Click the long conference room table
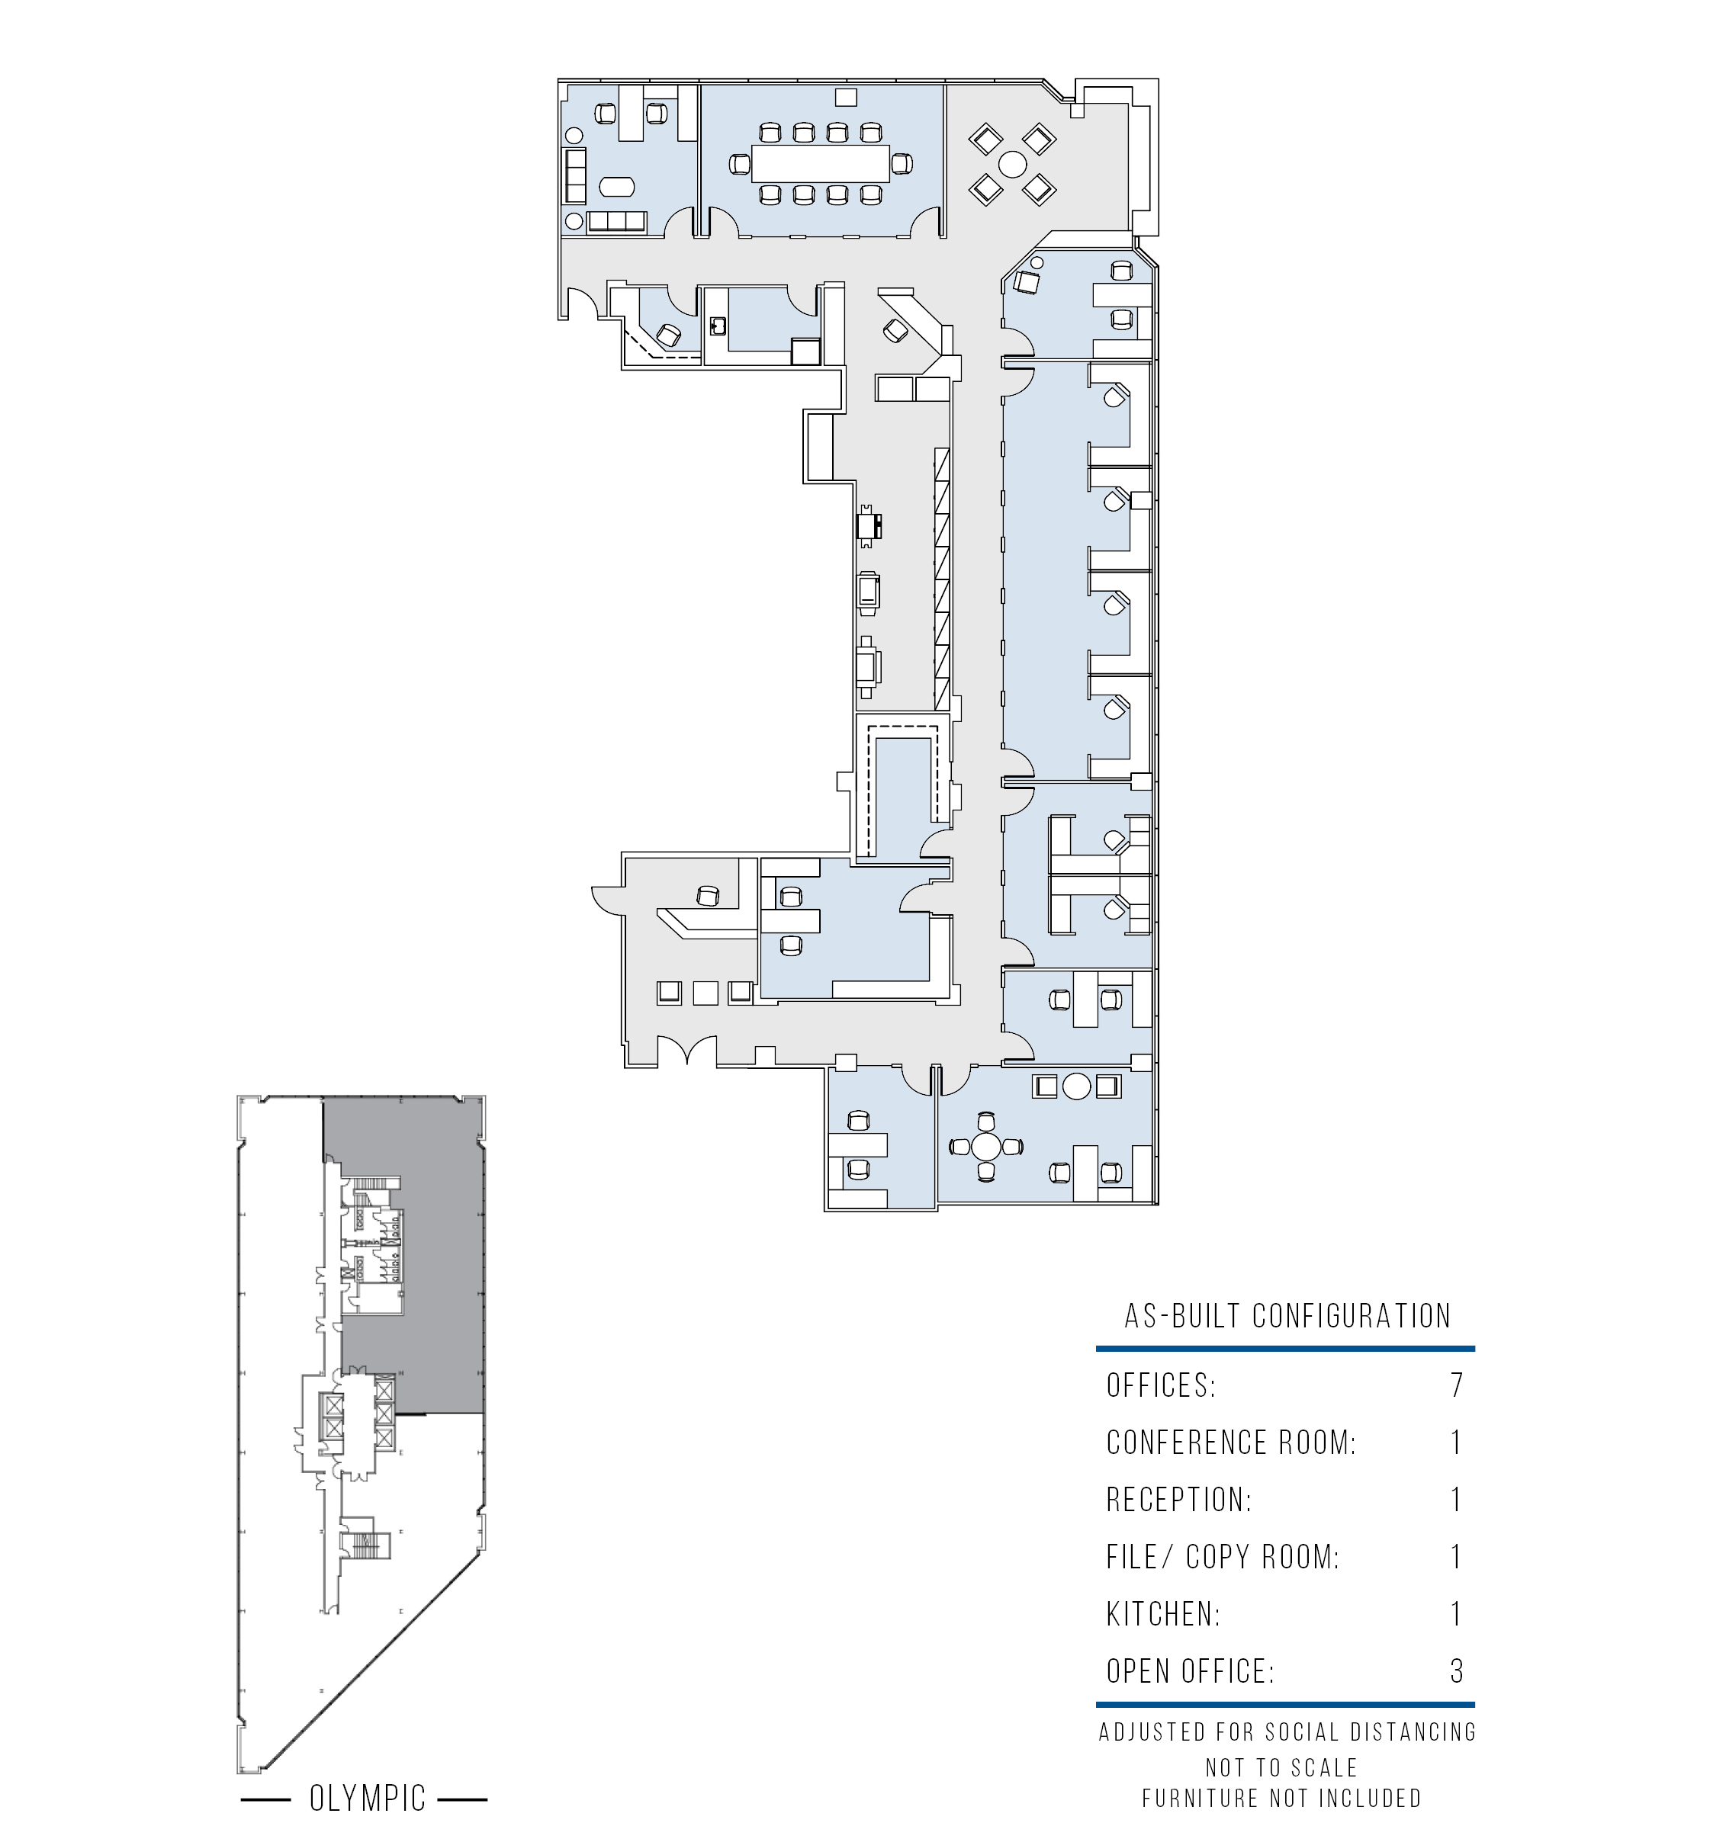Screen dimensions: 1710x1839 pyautogui.click(x=820, y=164)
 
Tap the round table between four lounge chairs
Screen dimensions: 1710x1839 pyautogui.click(x=1012, y=165)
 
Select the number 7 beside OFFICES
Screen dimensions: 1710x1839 pyautogui.click(x=1457, y=1385)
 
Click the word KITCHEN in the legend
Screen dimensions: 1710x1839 pyautogui.click(x=1163, y=1614)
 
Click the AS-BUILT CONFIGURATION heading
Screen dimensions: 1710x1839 pyautogui.click(x=1287, y=1315)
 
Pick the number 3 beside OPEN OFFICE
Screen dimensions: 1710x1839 pyautogui.click(x=1457, y=1671)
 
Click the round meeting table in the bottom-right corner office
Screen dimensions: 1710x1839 pyautogui.click(x=986, y=1147)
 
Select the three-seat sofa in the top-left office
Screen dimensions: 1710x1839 pyautogui.click(x=616, y=221)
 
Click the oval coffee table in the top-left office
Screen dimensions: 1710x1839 pyautogui.click(x=617, y=187)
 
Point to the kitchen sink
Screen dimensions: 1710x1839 pyautogui.click(x=717, y=326)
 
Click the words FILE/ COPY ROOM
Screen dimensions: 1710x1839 pyautogui.click(x=1223, y=1557)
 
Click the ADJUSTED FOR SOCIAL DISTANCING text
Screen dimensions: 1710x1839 pyautogui.click(x=1287, y=1732)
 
